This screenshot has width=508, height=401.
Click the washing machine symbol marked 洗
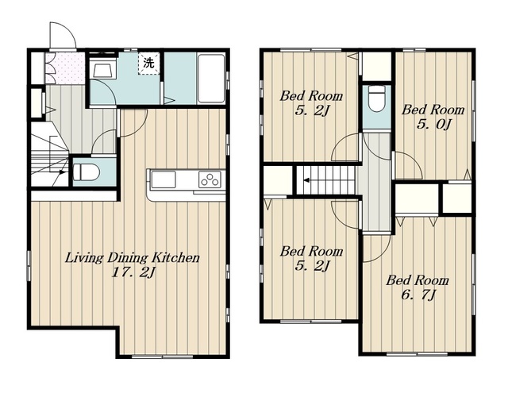coord(149,64)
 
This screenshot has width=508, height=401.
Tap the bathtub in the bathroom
coord(211,79)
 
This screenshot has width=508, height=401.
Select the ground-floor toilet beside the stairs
coord(86,172)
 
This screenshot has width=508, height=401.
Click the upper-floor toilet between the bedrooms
coord(377,98)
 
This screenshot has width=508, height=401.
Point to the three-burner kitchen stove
coord(210,179)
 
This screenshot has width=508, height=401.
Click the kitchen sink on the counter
coord(164,179)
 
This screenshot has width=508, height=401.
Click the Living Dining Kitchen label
coord(133,258)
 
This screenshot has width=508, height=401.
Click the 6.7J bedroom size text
coord(418,295)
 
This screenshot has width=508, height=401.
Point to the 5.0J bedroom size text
coord(433,125)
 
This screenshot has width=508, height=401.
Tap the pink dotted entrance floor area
coord(65,68)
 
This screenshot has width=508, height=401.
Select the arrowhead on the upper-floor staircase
coord(306,180)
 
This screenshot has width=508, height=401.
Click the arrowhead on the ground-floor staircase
coord(65,172)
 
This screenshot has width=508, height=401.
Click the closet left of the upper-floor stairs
coord(278,180)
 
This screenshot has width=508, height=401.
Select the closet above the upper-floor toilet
coord(376,66)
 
